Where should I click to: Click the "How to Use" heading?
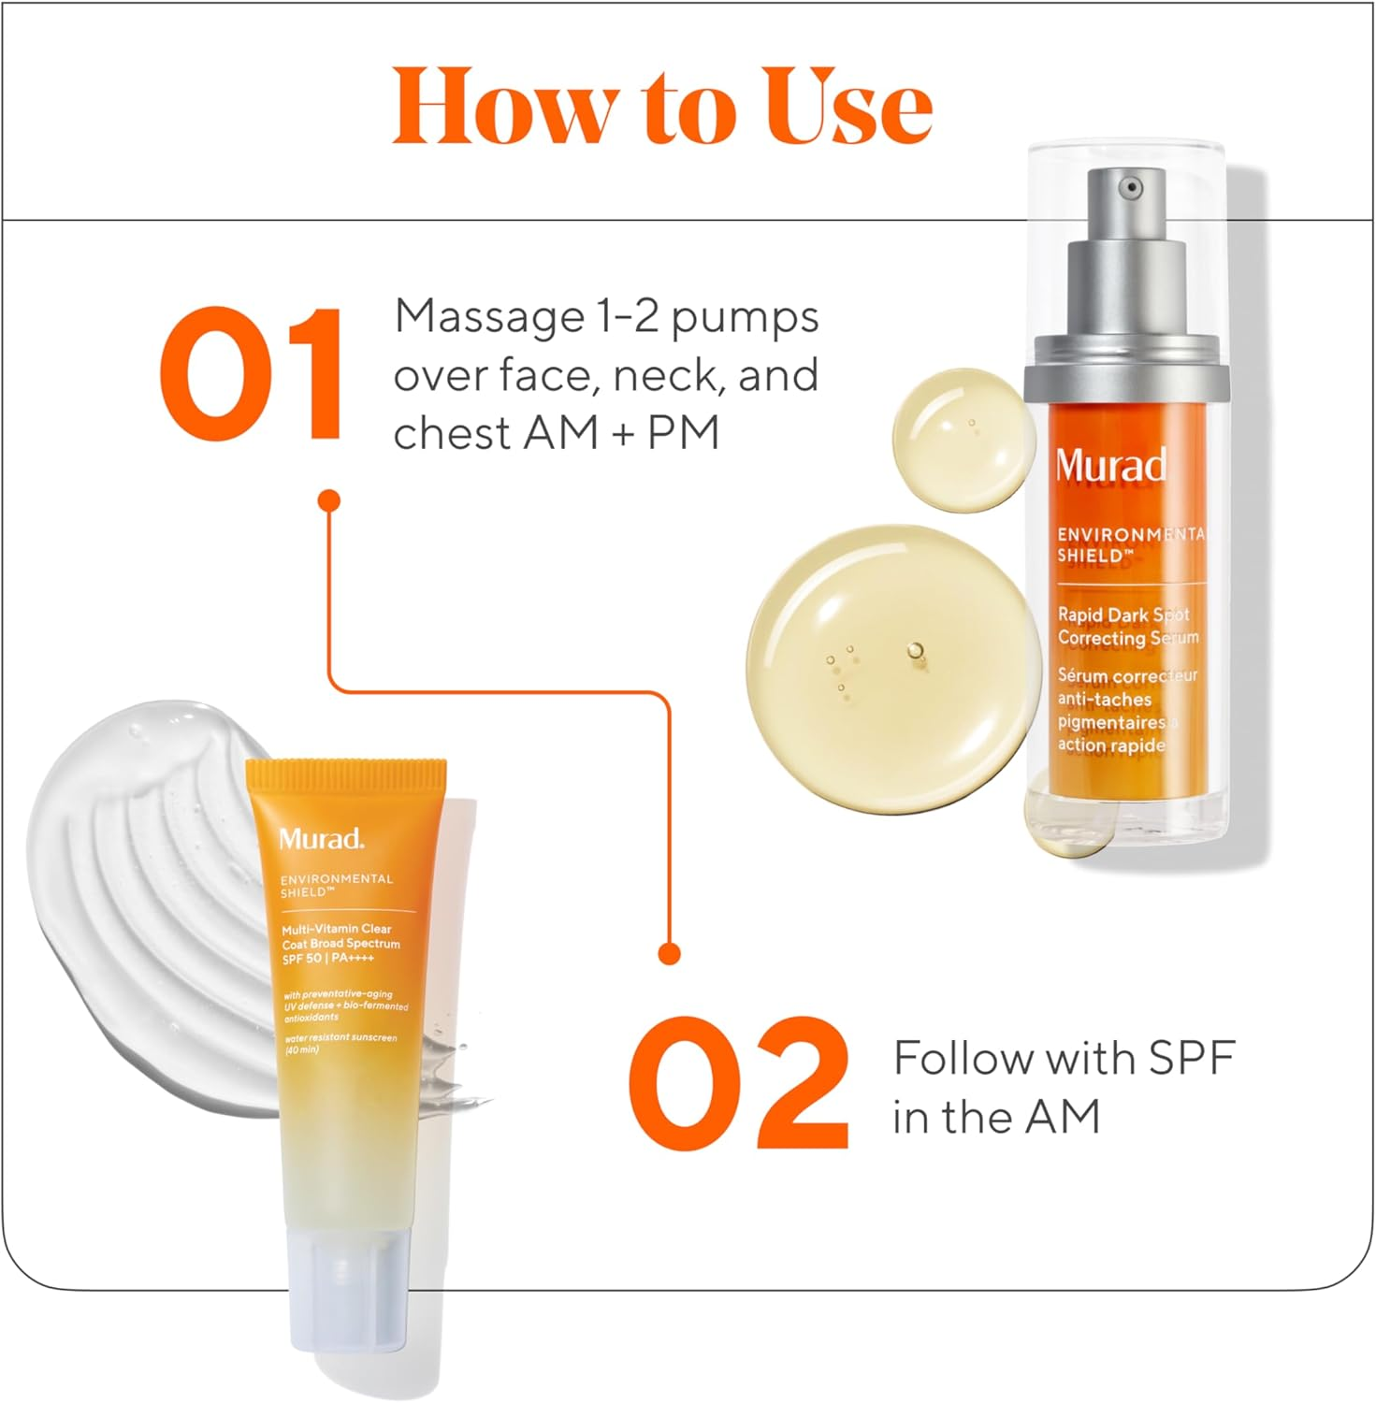tap(662, 106)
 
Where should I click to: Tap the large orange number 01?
tap(251, 374)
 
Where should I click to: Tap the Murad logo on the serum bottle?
tap(1111, 465)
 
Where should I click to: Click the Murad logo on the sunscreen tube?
tap(321, 838)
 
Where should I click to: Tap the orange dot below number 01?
tap(328, 501)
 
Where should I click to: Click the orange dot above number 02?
tap(668, 953)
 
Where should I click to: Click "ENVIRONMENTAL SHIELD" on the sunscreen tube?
tap(336, 885)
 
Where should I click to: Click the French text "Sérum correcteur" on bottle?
tap(1126, 675)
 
